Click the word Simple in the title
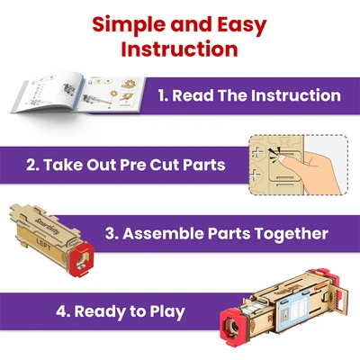(129, 25)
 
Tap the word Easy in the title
(242, 25)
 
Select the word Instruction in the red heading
(179, 49)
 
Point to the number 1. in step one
(163, 95)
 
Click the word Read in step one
(193, 95)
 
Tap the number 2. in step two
(32, 165)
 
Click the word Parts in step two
(204, 165)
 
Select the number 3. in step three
(112, 233)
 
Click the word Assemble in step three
(163, 233)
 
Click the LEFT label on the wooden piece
(44, 244)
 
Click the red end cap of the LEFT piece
(82, 258)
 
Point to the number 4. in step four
(63, 311)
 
